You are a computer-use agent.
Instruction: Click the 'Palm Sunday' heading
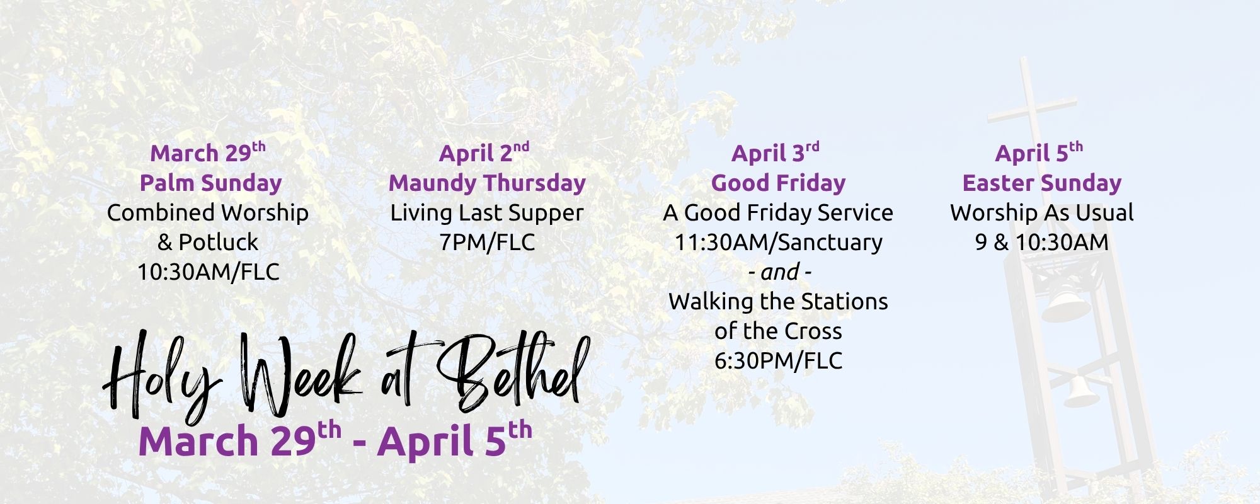210,183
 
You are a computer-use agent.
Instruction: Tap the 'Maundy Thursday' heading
487,183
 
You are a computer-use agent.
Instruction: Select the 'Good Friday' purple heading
778,183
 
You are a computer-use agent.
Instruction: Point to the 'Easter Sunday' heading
1042,183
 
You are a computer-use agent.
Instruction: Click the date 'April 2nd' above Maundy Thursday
484,152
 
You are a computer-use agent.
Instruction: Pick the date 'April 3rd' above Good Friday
776,152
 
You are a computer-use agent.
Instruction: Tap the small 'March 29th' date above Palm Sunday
208,152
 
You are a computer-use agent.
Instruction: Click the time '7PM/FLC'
487,242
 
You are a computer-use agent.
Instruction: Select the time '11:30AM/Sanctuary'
778,242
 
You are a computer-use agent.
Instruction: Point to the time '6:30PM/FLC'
778,360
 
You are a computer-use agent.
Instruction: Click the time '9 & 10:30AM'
1041,242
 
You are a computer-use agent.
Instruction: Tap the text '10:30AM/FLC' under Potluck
209,272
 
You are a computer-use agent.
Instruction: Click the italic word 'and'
779,272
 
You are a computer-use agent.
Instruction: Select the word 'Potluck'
218,242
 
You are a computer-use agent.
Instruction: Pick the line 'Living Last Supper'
487,213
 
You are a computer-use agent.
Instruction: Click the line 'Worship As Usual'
1042,213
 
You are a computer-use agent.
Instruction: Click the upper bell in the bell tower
1064,306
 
